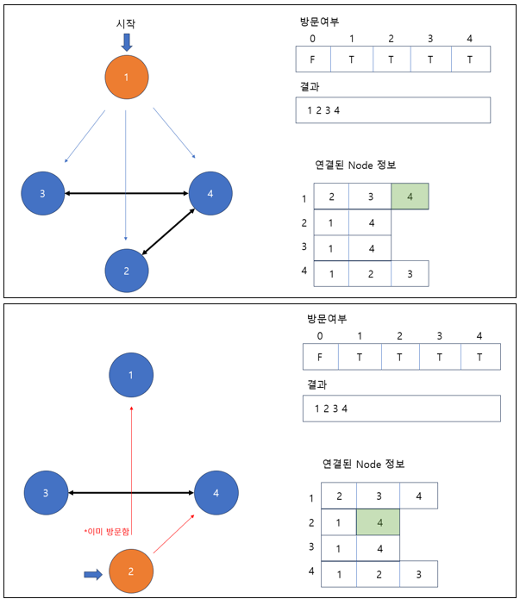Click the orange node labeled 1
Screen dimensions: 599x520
[127, 78]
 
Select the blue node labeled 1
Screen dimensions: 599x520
[131, 376]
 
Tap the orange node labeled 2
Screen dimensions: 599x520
[131, 571]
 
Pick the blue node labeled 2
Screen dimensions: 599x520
[127, 271]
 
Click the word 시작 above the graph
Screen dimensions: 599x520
[127, 23]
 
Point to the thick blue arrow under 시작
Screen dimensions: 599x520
[127, 41]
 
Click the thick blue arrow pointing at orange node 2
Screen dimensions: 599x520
[93, 571]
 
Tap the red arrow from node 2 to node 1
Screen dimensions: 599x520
[131, 474]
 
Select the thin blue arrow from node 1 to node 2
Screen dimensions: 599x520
[127, 172]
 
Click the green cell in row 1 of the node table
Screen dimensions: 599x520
[410, 197]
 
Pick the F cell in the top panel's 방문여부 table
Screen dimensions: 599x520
[310, 59]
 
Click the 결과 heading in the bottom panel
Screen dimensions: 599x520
[316, 384]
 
